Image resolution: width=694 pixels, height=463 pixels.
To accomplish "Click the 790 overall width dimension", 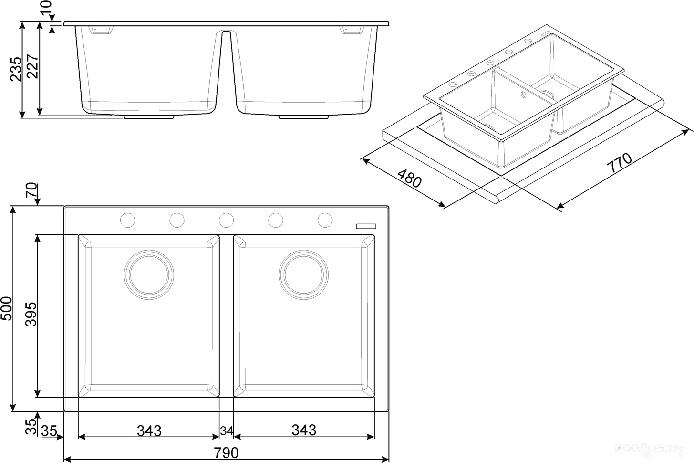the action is pyautogui.click(x=226, y=453).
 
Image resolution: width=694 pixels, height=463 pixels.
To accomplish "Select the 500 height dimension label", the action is pyautogui.click(x=7, y=308).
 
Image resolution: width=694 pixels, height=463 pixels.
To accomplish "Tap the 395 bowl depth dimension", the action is pyautogui.click(x=31, y=315).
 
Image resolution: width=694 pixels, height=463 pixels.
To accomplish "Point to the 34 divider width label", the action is pyautogui.click(x=227, y=431).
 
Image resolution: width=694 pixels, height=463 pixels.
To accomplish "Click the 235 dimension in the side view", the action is pyautogui.click(x=16, y=69).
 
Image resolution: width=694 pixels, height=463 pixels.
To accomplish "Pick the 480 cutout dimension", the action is pyautogui.click(x=409, y=179).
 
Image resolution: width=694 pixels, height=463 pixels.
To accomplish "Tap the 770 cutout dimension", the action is pyautogui.click(x=619, y=162).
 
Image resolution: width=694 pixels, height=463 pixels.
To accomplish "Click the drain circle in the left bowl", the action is pyautogui.click(x=149, y=275).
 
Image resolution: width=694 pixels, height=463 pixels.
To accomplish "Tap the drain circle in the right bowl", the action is pyautogui.click(x=304, y=275).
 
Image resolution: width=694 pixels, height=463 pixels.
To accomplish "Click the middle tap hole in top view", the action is pyautogui.click(x=226, y=220).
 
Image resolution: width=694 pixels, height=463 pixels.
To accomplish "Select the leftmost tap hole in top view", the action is pyautogui.click(x=128, y=220).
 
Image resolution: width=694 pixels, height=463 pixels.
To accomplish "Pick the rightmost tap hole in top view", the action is pyautogui.click(x=325, y=220).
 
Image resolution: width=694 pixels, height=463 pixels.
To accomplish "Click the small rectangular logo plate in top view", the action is pyautogui.click(x=366, y=226).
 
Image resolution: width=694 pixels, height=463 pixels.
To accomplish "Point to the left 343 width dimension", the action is pyautogui.click(x=149, y=431).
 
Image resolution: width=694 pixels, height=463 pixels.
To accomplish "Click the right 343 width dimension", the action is pyautogui.click(x=304, y=430).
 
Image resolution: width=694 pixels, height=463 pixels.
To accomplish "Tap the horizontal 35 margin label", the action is pyautogui.click(x=49, y=431).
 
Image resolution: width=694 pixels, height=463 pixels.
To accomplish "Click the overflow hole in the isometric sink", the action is pyautogui.click(x=523, y=95).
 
